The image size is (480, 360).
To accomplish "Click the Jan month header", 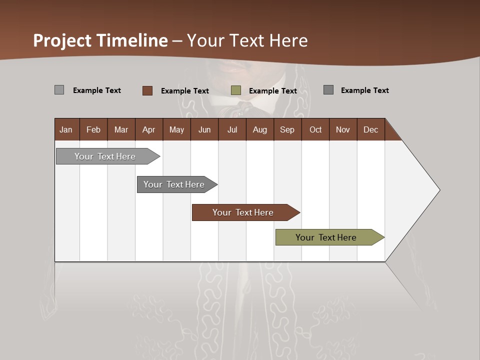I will pyautogui.click(x=66, y=129).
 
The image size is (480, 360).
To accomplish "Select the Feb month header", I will pyautogui.click(x=93, y=129).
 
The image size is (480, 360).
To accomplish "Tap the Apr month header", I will pyautogui.click(x=149, y=129).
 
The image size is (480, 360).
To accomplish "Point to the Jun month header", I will pyautogui.click(x=204, y=129).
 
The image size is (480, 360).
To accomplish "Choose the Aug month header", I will pyautogui.click(x=260, y=129).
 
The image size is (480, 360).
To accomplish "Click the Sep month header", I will pyautogui.click(x=287, y=129).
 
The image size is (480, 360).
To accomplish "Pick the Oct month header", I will pyautogui.click(x=315, y=129).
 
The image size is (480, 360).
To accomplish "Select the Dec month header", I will pyautogui.click(x=371, y=129).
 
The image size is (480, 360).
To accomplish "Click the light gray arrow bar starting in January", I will pyautogui.click(x=105, y=156).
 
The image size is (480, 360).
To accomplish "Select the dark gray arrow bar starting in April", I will pyautogui.click(x=174, y=184).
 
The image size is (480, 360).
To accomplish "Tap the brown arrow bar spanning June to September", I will pyautogui.click(x=243, y=212).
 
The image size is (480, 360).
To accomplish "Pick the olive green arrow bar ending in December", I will pyautogui.click(x=326, y=237).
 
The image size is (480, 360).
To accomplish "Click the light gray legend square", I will pyautogui.click(x=59, y=90).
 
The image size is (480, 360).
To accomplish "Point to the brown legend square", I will pyautogui.click(x=147, y=90).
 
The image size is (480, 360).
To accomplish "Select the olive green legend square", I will pyautogui.click(x=236, y=90).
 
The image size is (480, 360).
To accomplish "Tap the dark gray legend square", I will pyautogui.click(x=328, y=90).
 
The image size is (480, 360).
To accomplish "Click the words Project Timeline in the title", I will pyautogui.click(x=100, y=40).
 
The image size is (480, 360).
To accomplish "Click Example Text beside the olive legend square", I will pyautogui.click(x=273, y=91).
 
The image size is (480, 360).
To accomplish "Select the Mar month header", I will pyautogui.click(x=121, y=129).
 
